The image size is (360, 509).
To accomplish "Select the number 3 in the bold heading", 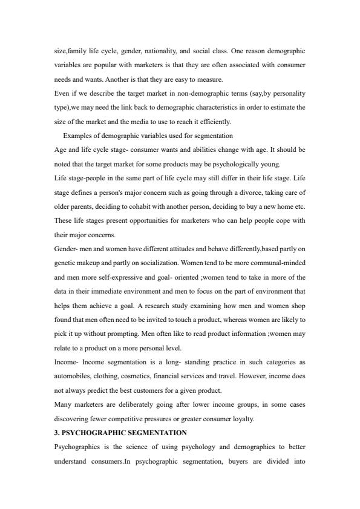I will click(x=56, y=432).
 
